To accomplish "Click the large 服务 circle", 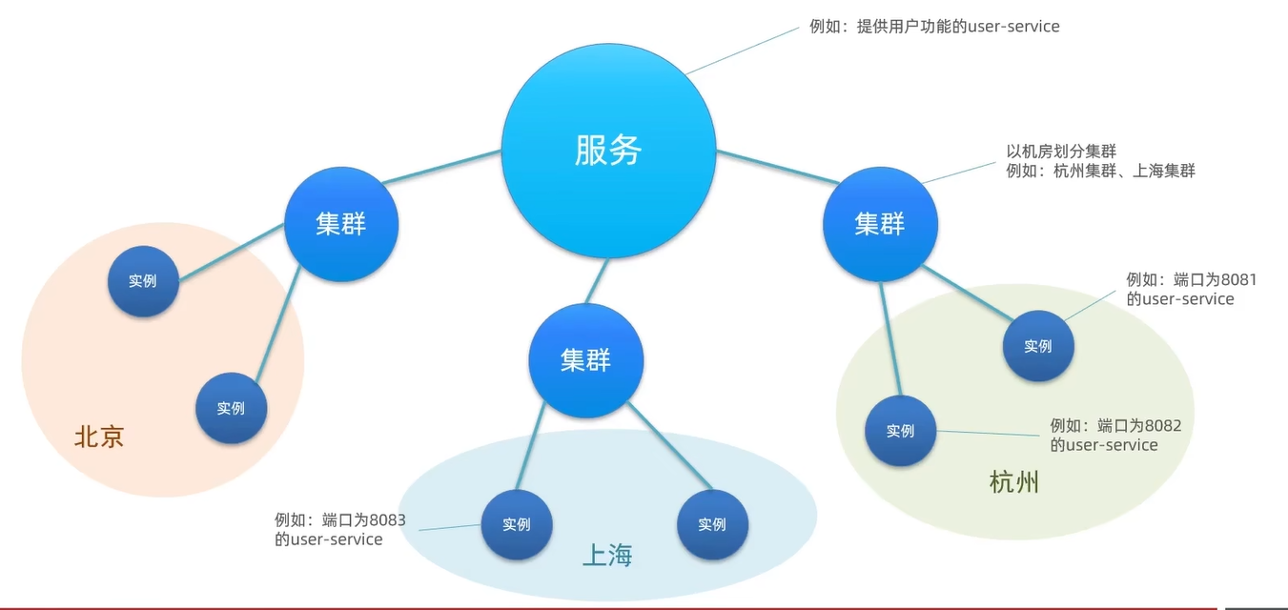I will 608,150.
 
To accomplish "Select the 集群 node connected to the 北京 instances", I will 341,225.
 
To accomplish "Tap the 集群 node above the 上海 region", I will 586,360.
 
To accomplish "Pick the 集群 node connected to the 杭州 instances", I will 880,225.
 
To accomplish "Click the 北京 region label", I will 99,437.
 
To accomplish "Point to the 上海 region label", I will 607,556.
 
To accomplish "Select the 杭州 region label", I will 1014,482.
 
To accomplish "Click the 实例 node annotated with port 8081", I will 1038,346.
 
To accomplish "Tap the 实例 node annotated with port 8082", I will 900,431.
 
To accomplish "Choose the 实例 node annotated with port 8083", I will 516,524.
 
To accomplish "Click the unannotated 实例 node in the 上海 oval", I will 712,524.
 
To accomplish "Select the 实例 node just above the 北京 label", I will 231,408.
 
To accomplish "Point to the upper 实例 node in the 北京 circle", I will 143,281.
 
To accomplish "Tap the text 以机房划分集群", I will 1061,152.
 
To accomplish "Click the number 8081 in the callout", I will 1238,280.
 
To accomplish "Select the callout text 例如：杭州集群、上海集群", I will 1100,172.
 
